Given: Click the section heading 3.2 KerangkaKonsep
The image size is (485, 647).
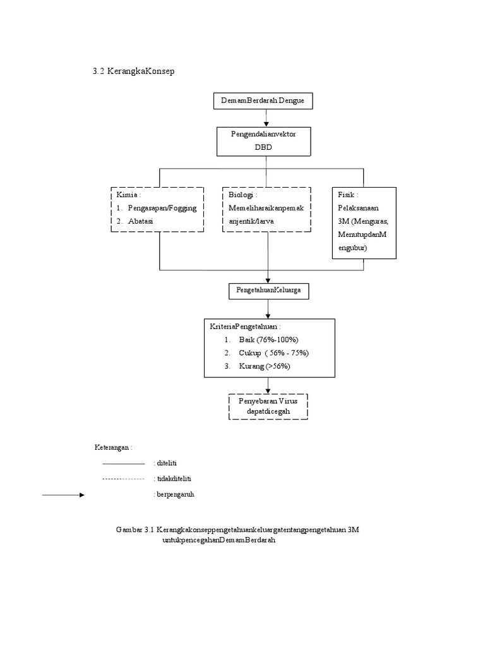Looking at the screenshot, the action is tap(134, 71).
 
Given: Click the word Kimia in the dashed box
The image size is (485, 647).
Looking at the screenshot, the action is tap(126, 195).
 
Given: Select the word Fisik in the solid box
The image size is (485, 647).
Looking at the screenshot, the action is tap(346, 195).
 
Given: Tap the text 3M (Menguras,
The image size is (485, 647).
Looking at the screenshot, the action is tap(363, 221).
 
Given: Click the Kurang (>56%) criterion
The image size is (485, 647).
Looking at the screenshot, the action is tap(265, 366).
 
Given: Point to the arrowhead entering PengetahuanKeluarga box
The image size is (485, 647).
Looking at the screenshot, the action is tap(268, 281).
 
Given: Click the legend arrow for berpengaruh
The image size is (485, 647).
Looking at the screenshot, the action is tap(64, 495).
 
